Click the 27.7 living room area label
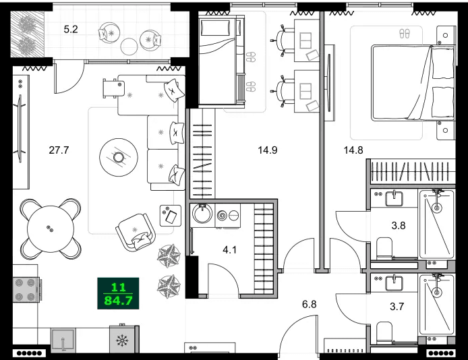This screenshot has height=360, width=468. [x=59, y=150]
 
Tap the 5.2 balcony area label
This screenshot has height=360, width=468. [x=71, y=30]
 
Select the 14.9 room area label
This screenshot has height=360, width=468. [x=268, y=150]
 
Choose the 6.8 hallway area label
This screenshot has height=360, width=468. [x=309, y=304]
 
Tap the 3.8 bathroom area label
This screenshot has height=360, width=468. [x=399, y=226]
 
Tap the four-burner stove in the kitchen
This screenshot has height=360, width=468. [x=25, y=290]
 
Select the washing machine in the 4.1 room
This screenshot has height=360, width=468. [x=202, y=215]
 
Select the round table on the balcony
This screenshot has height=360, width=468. [x=128, y=45]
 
